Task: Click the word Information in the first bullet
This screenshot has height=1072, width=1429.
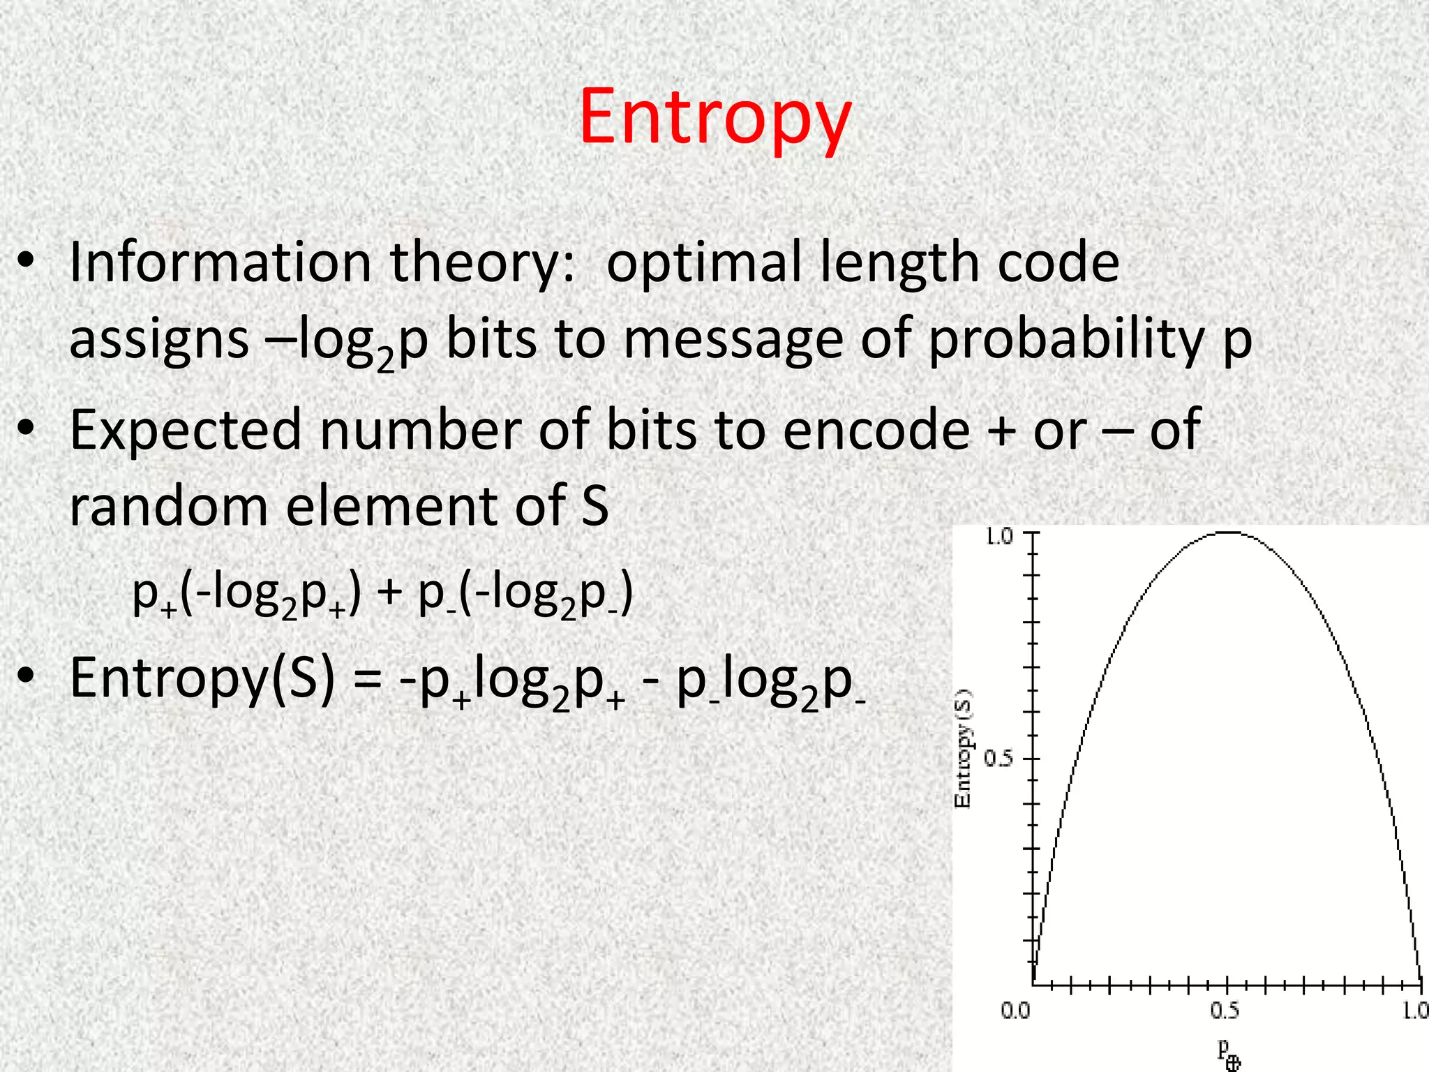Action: (x=220, y=262)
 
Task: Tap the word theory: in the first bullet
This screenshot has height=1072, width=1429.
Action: (x=482, y=264)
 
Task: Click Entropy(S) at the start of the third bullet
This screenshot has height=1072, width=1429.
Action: (x=202, y=678)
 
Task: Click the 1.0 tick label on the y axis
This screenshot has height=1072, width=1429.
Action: (x=998, y=537)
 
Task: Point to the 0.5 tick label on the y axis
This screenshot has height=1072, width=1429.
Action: (x=998, y=758)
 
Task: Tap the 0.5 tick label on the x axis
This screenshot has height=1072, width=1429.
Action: (x=1225, y=1010)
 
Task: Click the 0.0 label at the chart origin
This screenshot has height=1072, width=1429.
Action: (x=1015, y=1010)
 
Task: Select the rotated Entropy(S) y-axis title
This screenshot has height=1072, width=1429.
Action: (x=963, y=748)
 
